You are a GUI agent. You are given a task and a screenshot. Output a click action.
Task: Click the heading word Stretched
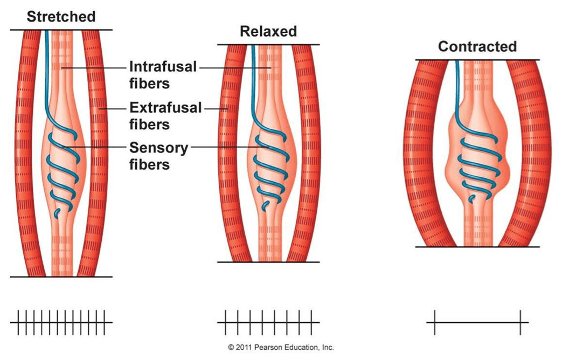(x=61, y=16)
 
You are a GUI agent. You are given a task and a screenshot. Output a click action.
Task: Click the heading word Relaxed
(x=268, y=31)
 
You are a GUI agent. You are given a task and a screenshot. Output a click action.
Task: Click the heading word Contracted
(x=477, y=46)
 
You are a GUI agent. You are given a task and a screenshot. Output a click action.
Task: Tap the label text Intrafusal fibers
(x=163, y=75)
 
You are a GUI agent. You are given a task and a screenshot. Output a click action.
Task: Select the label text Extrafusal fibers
(x=165, y=116)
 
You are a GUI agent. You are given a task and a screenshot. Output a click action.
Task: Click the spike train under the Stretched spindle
(x=61, y=322)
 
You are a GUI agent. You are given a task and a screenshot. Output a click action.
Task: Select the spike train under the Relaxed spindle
(x=268, y=322)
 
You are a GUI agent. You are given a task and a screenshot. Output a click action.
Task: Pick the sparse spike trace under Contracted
(x=477, y=322)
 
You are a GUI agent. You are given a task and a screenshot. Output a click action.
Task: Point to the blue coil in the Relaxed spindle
(x=269, y=172)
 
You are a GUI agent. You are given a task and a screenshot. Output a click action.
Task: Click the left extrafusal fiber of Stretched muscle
(x=25, y=151)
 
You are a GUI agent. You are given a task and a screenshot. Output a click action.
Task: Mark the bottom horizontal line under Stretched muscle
(x=61, y=277)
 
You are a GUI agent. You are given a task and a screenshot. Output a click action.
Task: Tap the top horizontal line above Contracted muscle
(x=477, y=60)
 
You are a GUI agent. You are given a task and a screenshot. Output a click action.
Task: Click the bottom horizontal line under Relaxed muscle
(x=268, y=262)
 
